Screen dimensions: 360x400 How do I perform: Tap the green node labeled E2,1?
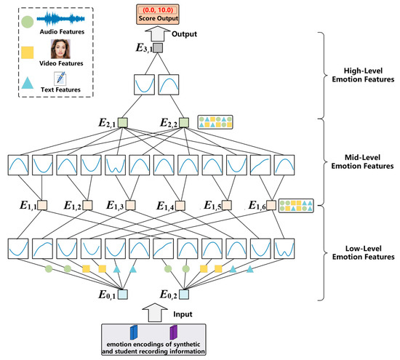[x=123, y=124]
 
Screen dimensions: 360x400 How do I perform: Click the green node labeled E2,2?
[x=184, y=124]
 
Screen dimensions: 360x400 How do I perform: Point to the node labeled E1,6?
[x=267, y=205]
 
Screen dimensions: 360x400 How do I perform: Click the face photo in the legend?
[x=60, y=49]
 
